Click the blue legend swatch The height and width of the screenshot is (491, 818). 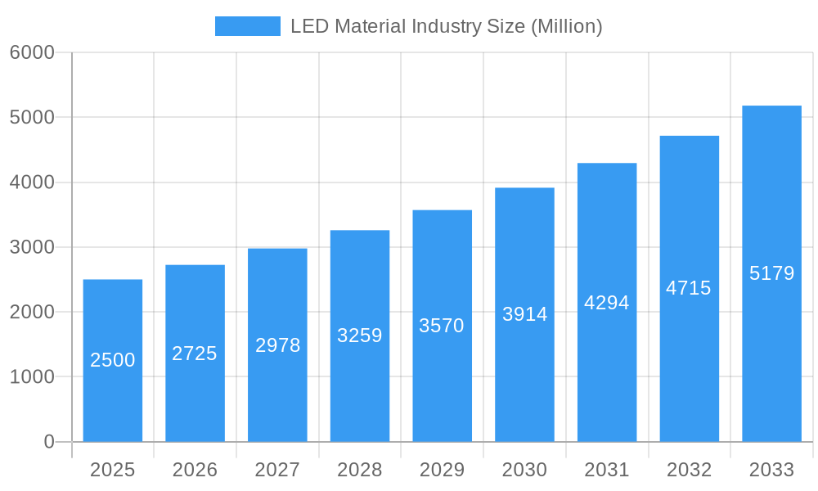click(247, 26)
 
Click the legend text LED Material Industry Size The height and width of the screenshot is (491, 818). click(446, 26)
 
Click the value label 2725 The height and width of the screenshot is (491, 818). click(195, 354)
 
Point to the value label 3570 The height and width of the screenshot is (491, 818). click(442, 326)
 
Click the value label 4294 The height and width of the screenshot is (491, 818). click(607, 303)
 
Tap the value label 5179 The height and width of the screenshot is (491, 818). click(771, 273)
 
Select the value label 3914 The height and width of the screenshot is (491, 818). click(524, 314)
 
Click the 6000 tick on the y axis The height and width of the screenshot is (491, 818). click(32, 52)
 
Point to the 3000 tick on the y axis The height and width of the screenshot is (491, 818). click(32, 247)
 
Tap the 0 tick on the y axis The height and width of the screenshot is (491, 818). click(48, 442)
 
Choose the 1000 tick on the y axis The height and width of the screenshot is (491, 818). click(32, 377)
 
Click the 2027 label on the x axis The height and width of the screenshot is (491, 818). click(277, 470)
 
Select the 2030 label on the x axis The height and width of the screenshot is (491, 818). click(524, 470)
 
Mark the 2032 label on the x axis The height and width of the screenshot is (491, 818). click(689, 470)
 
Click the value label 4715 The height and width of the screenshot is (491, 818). click(689, 288)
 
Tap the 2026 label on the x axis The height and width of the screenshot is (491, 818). click(195, 470)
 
